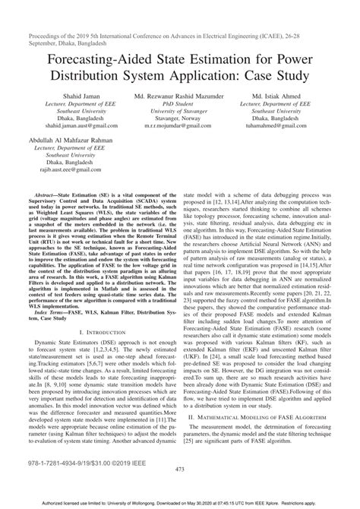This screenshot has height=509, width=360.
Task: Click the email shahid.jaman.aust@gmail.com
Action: (x=62, y=127)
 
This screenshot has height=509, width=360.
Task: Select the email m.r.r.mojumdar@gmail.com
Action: (x=180, y=127)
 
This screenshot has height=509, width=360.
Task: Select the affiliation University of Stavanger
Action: (x=180, y=112)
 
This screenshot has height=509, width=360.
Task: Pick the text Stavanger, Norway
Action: (x=180, y=119)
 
